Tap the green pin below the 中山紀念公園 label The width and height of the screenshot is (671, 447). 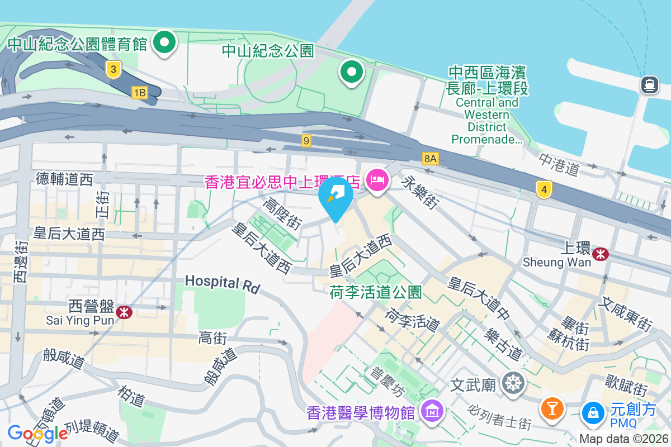pyautogui.click(x=351, y=72)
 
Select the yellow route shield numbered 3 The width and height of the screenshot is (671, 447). pyautogui.click(x=114, y=69)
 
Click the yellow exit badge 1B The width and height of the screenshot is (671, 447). pyautogui.click(x=139, y=92)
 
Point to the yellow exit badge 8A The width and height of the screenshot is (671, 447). pyautogui.click(x=429, y=159)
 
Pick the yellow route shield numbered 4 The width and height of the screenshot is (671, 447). pyautogui.click(x=544, y=189)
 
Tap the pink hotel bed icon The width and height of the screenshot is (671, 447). pyautogui.click(x=377, y=180)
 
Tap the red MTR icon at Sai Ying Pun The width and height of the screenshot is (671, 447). pyautogui.click(x=124, y=312)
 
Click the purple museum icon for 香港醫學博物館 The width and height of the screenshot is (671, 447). pyautogui.click(x=432, y=412)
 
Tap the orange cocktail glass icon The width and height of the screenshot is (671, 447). pyautogui.click(x=552, y=407)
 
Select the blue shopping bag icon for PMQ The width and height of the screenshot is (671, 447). pyautogui.click(x=592, y=412)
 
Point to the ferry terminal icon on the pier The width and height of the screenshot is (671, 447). pyautogui.click(x=649, y=85)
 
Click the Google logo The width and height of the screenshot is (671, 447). pyautogui.click(x=37, y=433)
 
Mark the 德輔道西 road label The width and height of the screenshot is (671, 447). pyautogui.click(x=64, y=179)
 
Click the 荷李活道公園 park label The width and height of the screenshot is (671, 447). pyautogui.click(x=375, y=292)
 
